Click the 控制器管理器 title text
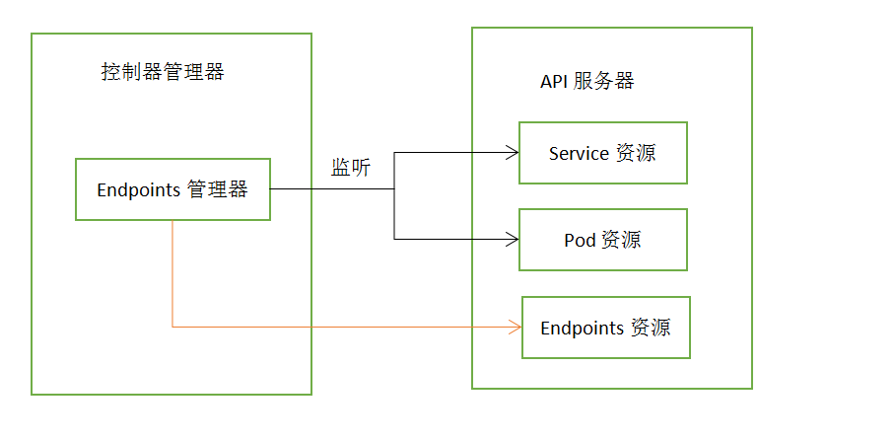(163, 72)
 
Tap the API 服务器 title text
(587, 81)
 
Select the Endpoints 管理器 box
(172, 189)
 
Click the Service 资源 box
(603, 153)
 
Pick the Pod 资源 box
(603, 240)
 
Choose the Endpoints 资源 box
(605, 328)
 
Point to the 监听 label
(351, 168)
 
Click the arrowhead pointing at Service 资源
(513, 152)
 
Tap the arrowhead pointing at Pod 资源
(513, 239)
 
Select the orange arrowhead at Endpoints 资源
(515, 327)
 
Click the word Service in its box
(579, 154)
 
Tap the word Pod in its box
(580, 240)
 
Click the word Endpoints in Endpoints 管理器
(138, 190)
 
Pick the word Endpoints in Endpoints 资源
(582, 328)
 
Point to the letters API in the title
(554, 82)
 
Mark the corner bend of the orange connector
(172, 327)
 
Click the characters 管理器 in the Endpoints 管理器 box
(217, 189)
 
